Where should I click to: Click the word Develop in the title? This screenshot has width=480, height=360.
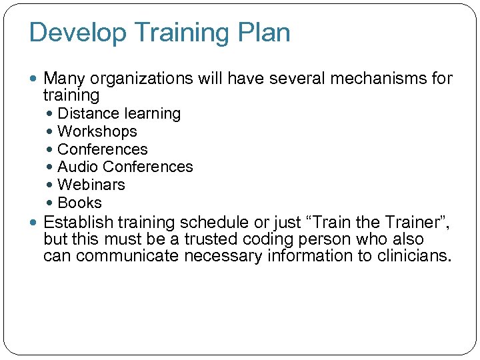(x=72, y=33)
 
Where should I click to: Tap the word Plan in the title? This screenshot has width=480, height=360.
(x=265, y=33)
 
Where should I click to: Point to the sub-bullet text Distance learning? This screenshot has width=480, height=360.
(x=119, y=114)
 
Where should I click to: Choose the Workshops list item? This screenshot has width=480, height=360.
(x=97, y=132)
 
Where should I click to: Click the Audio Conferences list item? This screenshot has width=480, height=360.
(x=125, y=167)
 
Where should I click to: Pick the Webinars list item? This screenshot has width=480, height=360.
(x=91, y=185)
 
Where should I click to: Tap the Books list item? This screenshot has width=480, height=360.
(x=80, y=203)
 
